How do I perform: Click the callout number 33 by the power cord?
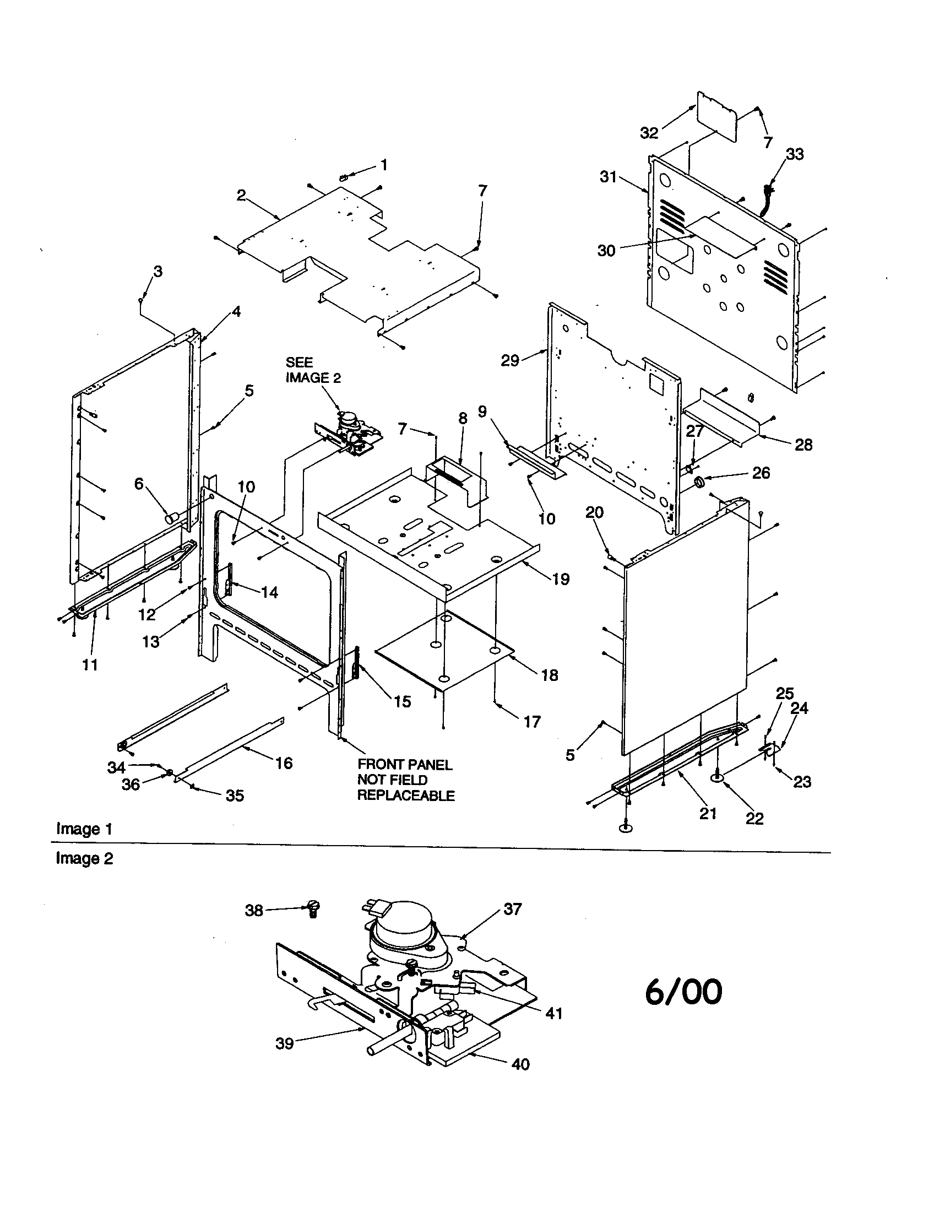pos(795,154)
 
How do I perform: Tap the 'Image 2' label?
pos(84,858)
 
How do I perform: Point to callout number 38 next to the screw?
pos(254,911)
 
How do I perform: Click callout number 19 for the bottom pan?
pos(561,580)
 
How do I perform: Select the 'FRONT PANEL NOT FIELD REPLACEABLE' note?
pos(405,780)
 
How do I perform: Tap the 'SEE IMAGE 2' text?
pos(313,370)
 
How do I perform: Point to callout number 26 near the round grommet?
pos(761,473)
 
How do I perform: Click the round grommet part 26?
pos(700,482)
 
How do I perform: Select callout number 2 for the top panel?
pos(241,196)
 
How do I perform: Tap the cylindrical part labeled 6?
pos(171,518)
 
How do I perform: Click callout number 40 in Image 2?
pos(520,1064)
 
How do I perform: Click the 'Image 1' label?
pos(84,829)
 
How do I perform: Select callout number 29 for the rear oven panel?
pos(510,360)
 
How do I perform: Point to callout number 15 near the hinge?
pos(402,701)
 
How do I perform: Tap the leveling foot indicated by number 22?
pos(717,779)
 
